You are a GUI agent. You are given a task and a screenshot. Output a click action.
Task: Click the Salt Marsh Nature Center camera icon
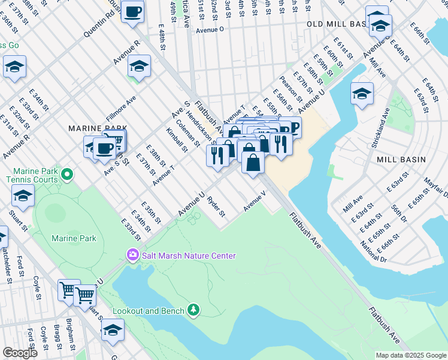pyautogui.click(x=132, y=256)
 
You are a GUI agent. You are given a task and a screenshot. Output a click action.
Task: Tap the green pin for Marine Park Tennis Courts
pyautogui.click(x=67, y=175)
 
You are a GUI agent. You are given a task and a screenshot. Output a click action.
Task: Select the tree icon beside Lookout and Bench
pyautogui.click(x=193, y=310)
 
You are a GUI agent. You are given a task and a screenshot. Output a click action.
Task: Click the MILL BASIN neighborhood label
pyautogui.click(x=401, y=160)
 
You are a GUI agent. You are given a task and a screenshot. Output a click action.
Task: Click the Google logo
pyautogui.click(x=20, y=353)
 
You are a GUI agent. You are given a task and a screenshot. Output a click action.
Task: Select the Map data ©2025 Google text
pyautogui.click(x=410, y=355)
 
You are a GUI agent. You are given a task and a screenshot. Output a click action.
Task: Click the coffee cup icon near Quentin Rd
pyautogui.click(x=132, y=11)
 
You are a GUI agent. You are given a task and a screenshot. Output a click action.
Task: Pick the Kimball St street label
pyautogui.click(x=177, y=139)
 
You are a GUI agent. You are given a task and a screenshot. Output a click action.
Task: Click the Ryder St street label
pyautogui.click(x=216, y=205)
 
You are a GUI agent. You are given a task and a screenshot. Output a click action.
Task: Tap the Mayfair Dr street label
pyautogui.click(x=435, y=186)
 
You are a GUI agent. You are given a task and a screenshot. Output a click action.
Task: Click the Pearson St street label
pyautogui.click(x=286, y=94)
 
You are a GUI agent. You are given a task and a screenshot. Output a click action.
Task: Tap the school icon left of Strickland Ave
pyautogui.click(x=362, y=94)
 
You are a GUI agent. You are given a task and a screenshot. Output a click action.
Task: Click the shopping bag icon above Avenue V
pyautogui.click(x=253, y=163)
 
